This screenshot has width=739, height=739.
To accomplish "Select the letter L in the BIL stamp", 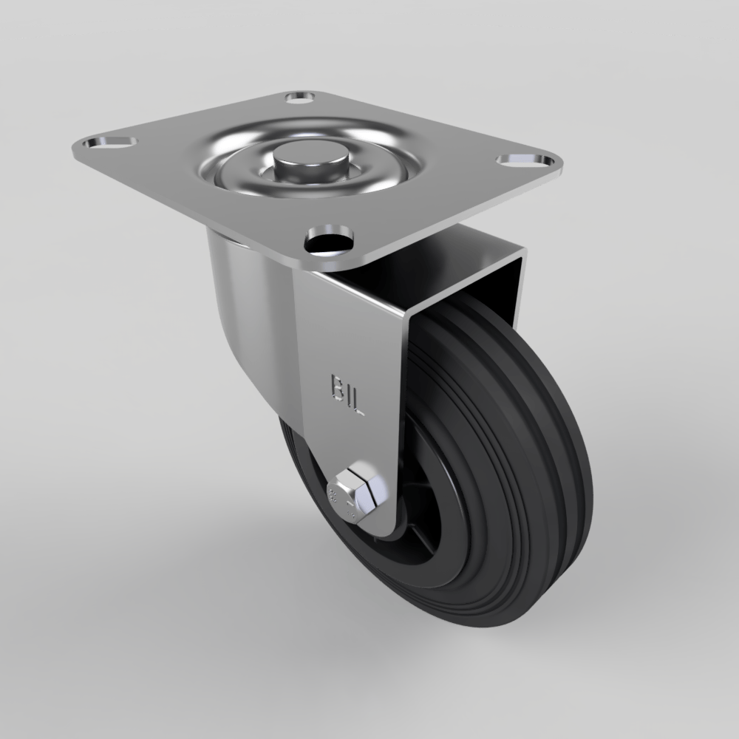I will click(x=358, y=401).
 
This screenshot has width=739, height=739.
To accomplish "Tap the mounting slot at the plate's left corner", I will click(x=109, y=141).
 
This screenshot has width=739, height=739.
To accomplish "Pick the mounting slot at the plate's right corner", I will click(x=525, y=160).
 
